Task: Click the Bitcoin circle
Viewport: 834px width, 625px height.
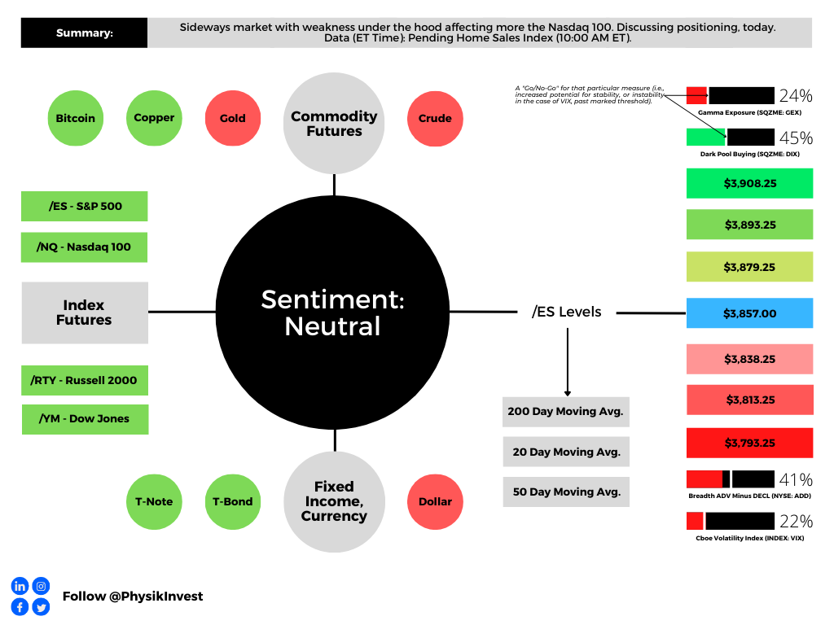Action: click(x=76, y=118)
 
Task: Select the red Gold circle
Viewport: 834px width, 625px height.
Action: click(x=233, y=118)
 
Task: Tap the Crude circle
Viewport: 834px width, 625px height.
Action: click(x=435, y=119)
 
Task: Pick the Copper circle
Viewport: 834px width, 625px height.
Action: click(x=154, y=118)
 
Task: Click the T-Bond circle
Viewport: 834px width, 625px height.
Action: click(x=233, y=501)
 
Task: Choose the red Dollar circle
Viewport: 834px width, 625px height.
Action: click(x=435, y=501)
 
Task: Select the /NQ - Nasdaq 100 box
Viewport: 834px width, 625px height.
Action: click(x=84, y=247)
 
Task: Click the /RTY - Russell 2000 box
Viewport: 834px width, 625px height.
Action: click(x=85, y=380)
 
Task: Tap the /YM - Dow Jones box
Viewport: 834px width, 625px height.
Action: click(x=85, y=419)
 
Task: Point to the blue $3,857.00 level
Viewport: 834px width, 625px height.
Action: click(x=749, y=313)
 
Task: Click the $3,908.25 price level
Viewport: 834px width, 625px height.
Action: click(x=749, y=183)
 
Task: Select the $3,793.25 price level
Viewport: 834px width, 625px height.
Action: click(x=749, y=443)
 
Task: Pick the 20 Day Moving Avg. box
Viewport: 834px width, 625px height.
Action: click(x=566, y=452)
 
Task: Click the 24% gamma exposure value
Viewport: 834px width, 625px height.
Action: click(x=796, y=96)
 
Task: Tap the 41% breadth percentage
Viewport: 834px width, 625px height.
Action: click(x=796, y=480)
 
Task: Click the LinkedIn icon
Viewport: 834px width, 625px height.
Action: click(x=20, y=586)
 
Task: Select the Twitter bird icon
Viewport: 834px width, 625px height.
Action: click(x=41, y=607)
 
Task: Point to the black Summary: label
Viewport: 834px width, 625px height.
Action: click(x=84, y=33)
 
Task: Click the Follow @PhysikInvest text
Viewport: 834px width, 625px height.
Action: click(x=133, y=597)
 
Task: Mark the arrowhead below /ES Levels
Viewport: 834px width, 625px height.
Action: click(x=568, y=393)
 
